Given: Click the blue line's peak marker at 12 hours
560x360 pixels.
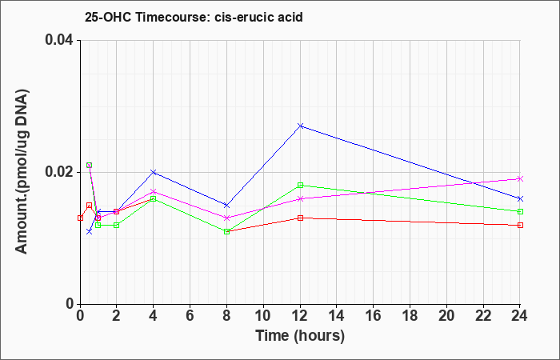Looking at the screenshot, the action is [x=300, y=126].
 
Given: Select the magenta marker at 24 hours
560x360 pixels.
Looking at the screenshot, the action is [x=520, y=178].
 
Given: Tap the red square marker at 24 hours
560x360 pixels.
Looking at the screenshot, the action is [x=520, y=225].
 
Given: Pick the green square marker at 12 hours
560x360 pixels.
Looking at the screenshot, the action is [x=300, y=185].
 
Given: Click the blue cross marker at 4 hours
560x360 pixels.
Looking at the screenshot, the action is [x=154, y=172].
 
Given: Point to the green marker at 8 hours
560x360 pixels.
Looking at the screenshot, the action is [x=226, y=231].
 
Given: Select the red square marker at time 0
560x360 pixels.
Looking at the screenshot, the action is [x=80, y=218].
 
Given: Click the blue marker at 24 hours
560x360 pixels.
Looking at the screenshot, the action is [x=520, y=198].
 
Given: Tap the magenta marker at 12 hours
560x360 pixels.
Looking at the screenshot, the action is [x=300, y=198].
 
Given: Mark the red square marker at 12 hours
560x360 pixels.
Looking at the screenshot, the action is [x=300, y=218].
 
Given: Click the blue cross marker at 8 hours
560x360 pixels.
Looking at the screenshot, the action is [x=226, y=205].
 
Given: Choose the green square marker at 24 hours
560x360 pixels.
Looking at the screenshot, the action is [x=520, y=211].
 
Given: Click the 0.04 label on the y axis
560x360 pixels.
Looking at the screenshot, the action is [x=58, y=40].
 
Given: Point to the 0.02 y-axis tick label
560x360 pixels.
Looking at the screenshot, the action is [x=58, y=172].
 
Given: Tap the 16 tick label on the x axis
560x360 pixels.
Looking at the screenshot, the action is [x=374, y=316].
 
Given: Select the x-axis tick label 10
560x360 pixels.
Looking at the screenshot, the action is [x=263, y=316].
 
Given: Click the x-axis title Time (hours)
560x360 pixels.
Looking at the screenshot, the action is [x=300, y=336].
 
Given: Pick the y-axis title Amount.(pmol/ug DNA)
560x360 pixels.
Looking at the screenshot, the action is [x=22, y=172].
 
